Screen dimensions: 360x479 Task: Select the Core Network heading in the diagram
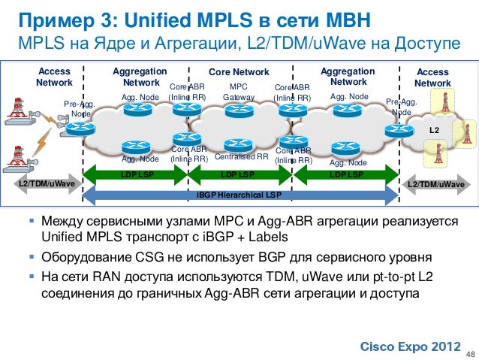coord(238,72)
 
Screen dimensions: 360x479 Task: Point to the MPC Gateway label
coord(239,92)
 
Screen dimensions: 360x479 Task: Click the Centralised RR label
coord(241,157)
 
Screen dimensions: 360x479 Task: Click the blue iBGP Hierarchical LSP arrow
coord(239,195)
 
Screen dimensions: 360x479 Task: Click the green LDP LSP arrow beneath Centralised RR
coord(239,175)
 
